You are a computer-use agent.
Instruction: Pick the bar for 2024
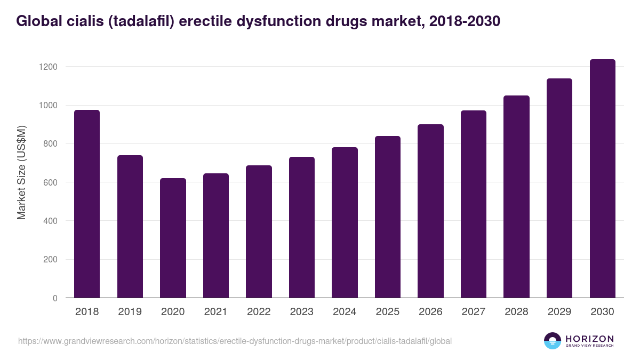[345, 222]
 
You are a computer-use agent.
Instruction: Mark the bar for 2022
[259, 231]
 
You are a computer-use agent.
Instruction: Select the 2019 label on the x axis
[130, 312]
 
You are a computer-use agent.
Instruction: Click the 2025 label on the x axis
[387, 312]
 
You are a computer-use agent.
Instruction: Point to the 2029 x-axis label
[559, 312]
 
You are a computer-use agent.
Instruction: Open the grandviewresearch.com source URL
[235, 341]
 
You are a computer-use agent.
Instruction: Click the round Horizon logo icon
[553, 341]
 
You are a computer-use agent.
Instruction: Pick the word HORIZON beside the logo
[590, 338]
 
